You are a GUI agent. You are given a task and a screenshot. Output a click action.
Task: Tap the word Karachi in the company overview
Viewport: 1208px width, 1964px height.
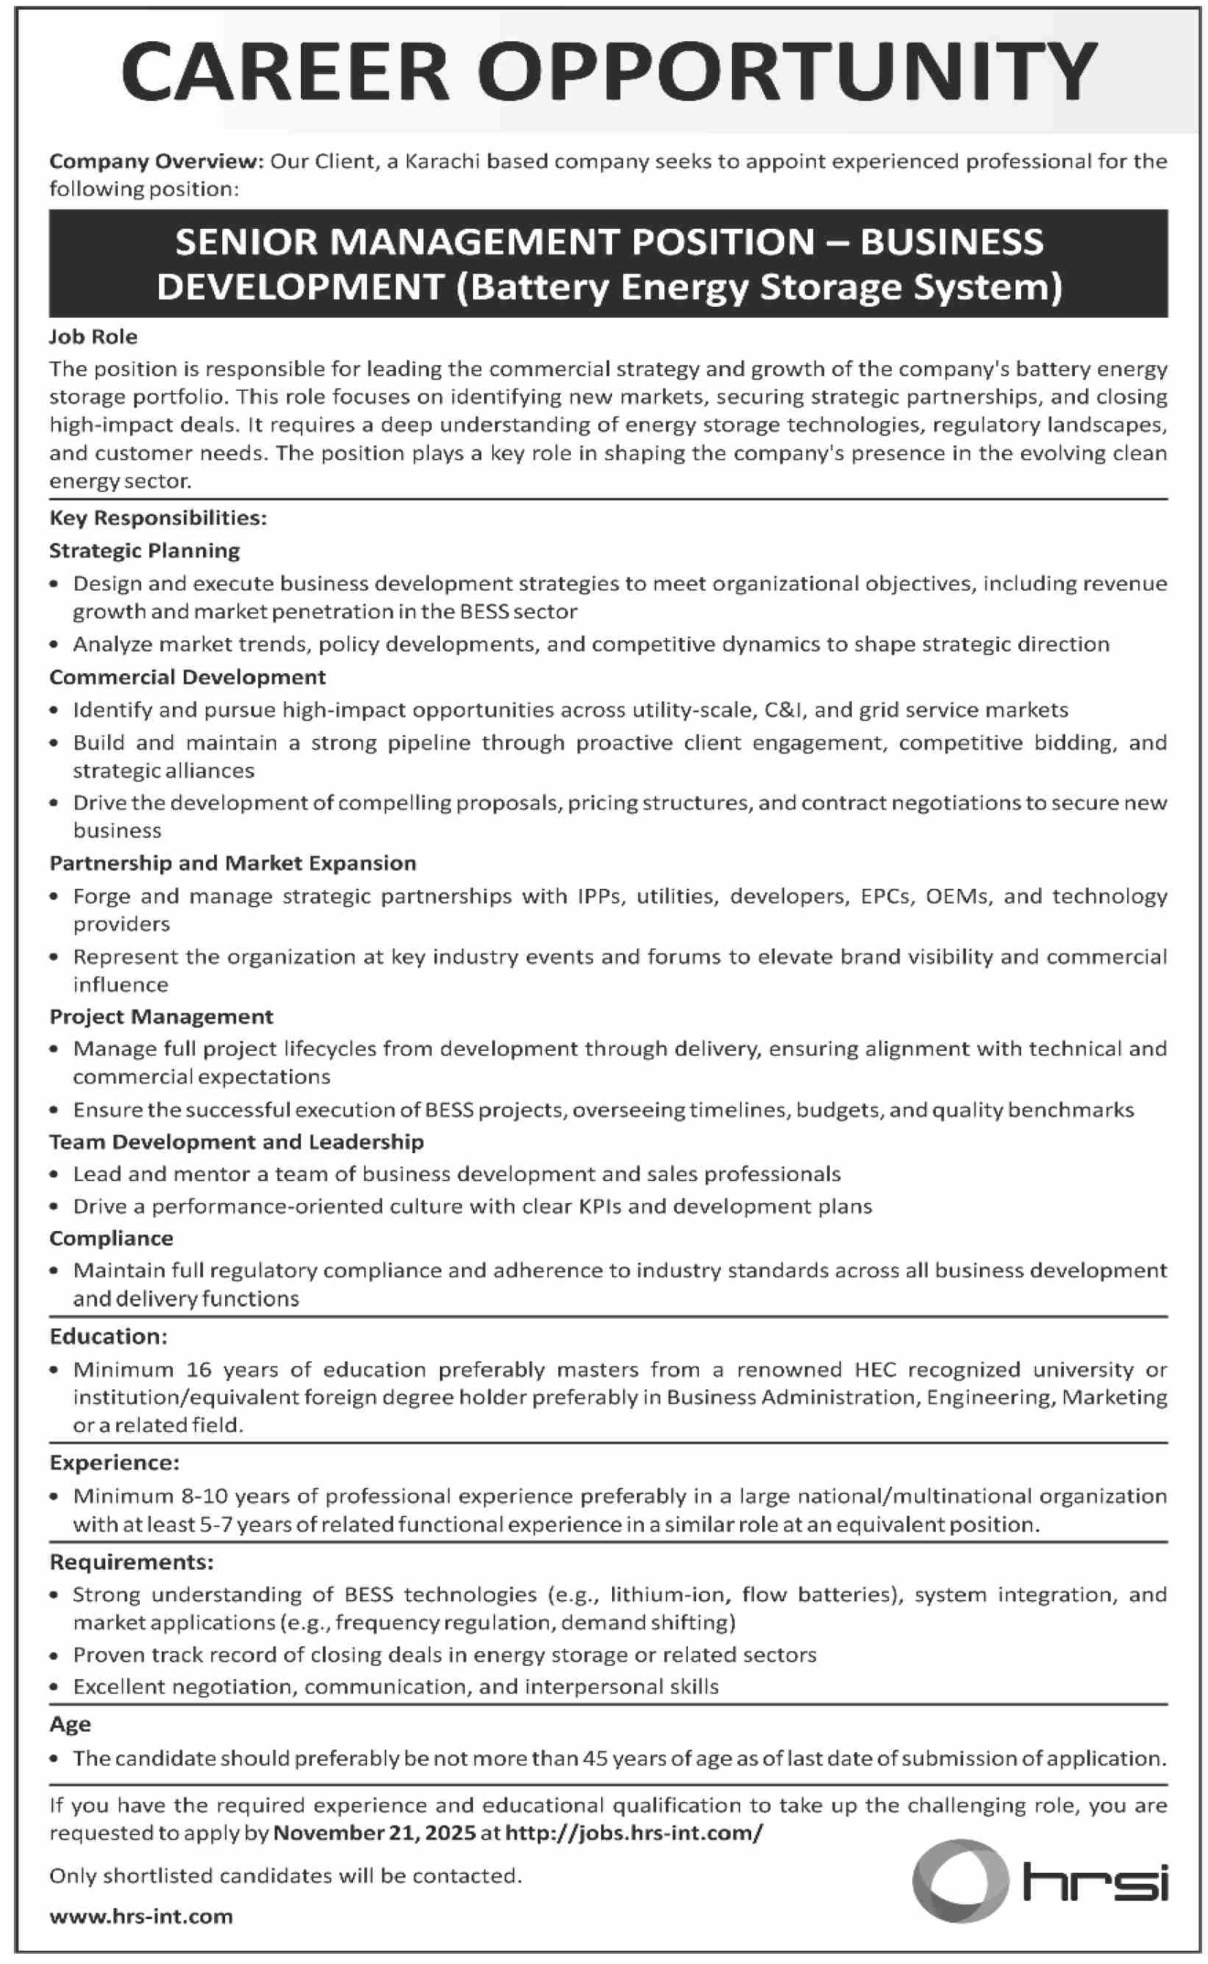click(x=443, y=161)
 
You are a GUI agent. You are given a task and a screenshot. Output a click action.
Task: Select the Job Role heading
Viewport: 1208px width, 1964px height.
click(x=93, y=336)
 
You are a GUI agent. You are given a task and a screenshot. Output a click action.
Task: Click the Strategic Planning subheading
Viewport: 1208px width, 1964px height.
click(x=145, y=550)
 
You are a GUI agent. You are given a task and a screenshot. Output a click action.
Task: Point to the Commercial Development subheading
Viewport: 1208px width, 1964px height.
click(x=188, y=677)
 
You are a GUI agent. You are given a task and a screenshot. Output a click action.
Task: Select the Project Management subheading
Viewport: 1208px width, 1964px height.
click(x=161, y=1016)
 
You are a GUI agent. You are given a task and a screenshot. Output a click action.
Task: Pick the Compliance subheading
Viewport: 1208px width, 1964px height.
click(x=111, y=1238)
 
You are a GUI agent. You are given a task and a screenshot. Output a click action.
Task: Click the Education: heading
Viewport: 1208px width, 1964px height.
click(x=109, y=1336)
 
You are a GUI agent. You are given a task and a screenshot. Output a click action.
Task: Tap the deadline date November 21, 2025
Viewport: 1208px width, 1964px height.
click(x=374, y=1832)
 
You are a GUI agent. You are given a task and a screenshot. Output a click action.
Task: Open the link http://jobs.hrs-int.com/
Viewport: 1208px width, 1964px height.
click(x=633, y=1832)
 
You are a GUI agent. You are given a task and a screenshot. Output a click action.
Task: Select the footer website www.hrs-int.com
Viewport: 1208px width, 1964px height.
click(x=141, y=1916)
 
